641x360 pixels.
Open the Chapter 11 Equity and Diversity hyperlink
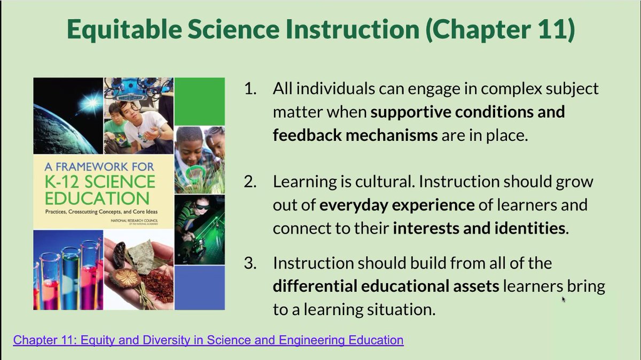point(208,340)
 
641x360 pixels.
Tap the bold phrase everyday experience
point(397,205)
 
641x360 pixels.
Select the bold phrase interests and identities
point(479,229)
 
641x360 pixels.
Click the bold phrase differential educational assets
point(386,286)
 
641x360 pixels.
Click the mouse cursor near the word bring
point(564,299)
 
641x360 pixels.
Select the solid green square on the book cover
point(199,101)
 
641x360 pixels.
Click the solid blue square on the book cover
point(199,287)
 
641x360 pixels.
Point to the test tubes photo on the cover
point(67,270)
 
